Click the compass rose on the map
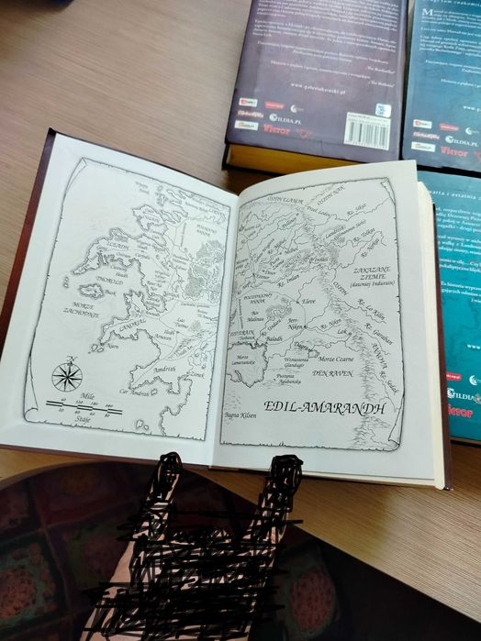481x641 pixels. [x=67, y=375]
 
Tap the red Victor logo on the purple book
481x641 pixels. [x=276, y=129]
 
